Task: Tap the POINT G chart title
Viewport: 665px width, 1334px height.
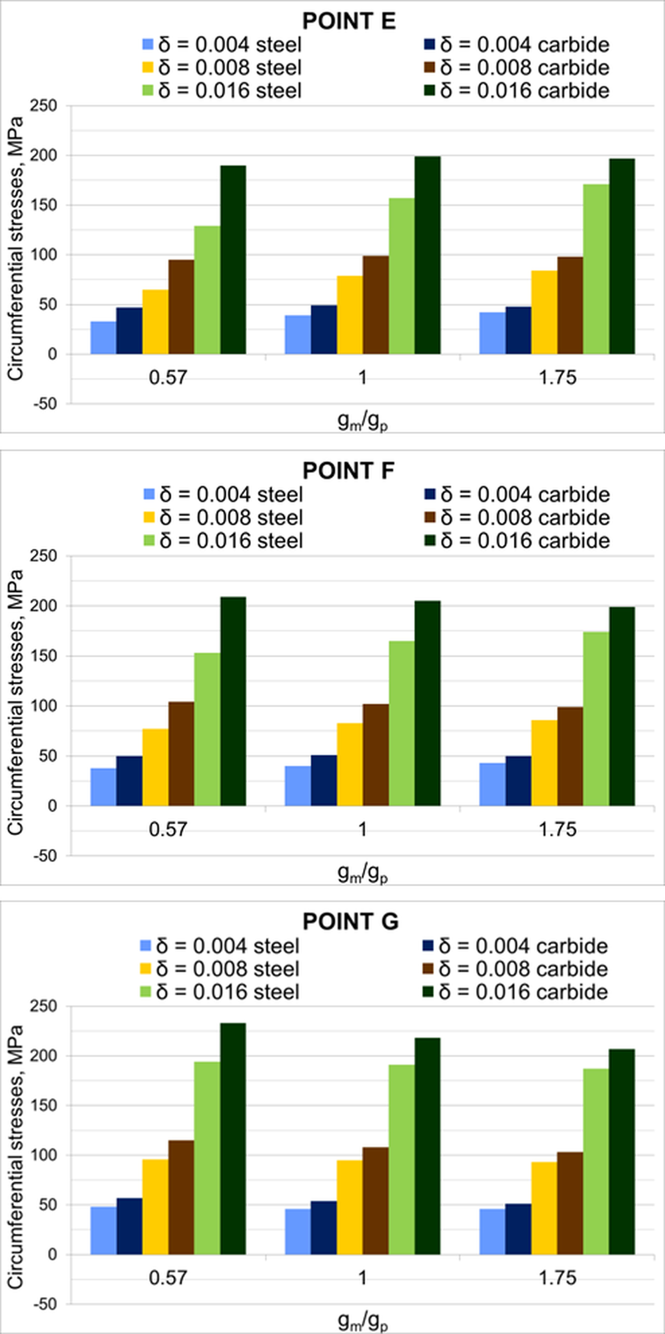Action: point(350,922)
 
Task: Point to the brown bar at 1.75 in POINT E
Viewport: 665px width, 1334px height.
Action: point(570,306)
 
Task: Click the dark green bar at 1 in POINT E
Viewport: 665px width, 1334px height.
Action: point(427,255)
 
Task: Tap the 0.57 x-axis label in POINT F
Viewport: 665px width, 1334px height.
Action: point(168,830)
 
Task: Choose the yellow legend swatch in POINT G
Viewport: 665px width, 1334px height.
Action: point(145,968)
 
